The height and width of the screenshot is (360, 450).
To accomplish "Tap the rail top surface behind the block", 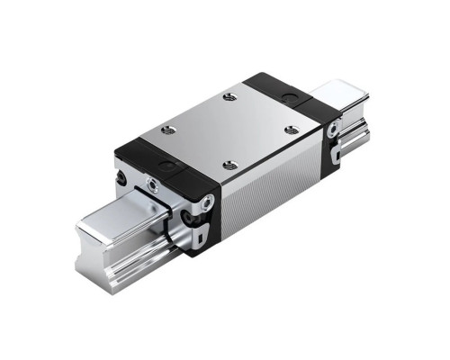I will pyautogui.click(x=340, y=92).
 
